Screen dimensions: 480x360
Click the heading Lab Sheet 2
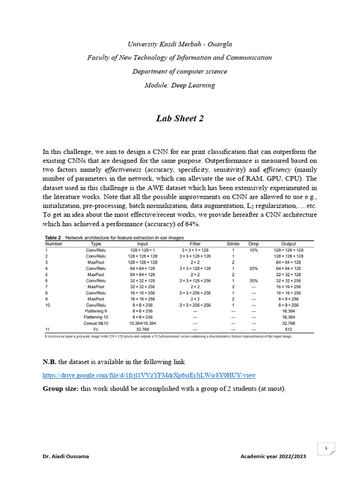tap(180, 119)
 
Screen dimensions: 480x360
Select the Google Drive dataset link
tap(149, 375)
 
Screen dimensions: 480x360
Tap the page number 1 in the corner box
tap(325, 449)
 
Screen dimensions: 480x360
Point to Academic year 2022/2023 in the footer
tap(272, 456)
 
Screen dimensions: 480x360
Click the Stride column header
tap(233, 244)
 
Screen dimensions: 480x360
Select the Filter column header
tap(195, 244)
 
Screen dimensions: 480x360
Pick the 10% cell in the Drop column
tap(254, 250)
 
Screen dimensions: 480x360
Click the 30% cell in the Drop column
tap(254, 280)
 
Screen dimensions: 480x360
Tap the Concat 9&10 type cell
tap(96, 323)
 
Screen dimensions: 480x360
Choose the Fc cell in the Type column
tap(96, 330)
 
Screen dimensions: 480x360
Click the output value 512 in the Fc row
tap(288, 330)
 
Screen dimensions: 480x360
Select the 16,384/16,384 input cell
tap(142, 323)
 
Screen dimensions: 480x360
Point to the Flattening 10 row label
tap(96, 317)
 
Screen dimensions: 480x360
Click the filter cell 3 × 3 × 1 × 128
tap(195, 250)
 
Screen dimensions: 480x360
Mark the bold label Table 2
tap(53, 238)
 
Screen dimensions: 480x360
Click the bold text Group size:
tap(60, 389)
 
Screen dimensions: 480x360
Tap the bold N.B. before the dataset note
tap(50, 362)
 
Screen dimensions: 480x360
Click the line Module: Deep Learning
tap(180, 85)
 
